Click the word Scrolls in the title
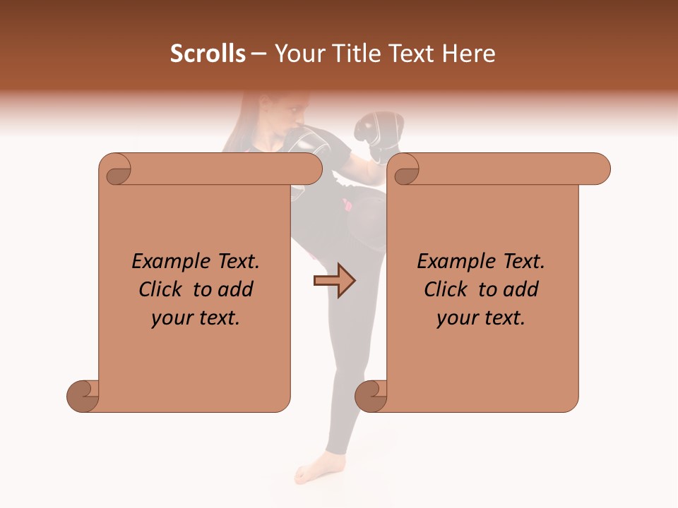[208, 54]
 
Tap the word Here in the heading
[469, 54]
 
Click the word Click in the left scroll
[162, 290]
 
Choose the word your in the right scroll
[456, 318]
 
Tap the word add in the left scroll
[236, 290]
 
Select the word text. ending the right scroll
[502, 318]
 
